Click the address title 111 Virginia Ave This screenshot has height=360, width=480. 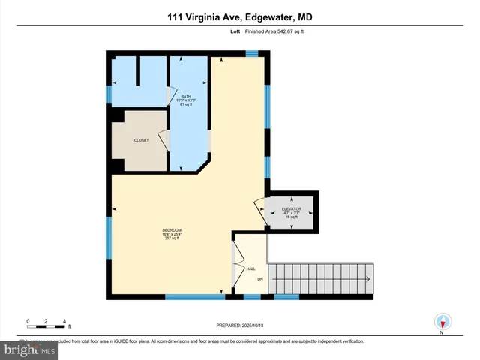239,16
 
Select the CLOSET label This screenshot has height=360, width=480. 141,140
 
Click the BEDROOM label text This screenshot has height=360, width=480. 172,229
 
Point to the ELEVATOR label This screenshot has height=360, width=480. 292,208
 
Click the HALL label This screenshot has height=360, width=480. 251,268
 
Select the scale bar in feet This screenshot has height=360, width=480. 46,322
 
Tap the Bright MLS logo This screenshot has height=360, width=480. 28,349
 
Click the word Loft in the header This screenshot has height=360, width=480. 235,32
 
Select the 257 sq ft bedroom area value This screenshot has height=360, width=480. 172,238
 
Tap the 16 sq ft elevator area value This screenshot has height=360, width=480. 292,217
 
